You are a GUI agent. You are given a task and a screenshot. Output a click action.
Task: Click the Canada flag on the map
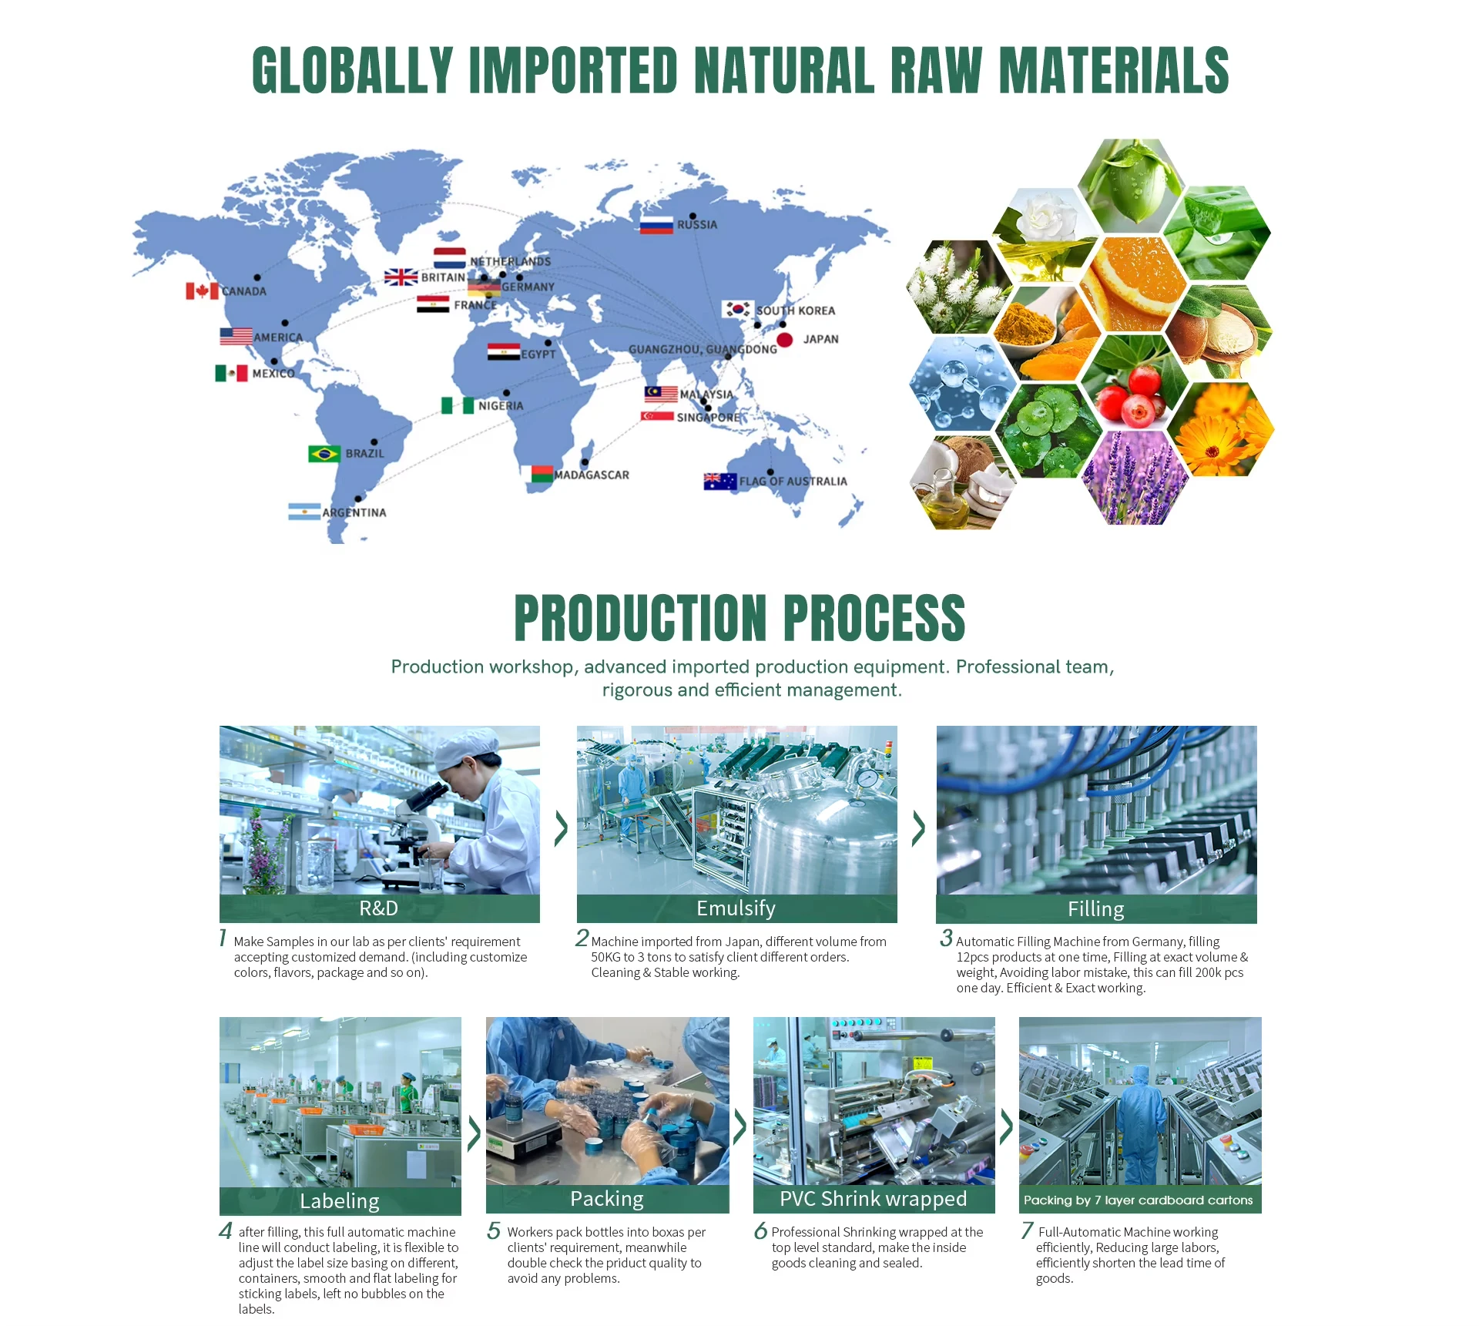point(202,290)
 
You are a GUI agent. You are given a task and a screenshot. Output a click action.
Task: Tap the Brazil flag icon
point(324,454)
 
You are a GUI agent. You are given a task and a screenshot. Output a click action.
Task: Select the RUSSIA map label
point(697,225)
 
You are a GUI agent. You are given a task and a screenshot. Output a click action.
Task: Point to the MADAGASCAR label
point(592,475)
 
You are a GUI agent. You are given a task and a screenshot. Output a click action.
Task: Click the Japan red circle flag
point(785,340)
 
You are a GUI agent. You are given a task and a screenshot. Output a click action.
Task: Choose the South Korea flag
point(738,309)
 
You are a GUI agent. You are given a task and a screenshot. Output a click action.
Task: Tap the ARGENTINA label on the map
point(354,512)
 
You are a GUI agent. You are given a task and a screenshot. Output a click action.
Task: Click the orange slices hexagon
point(1133,284)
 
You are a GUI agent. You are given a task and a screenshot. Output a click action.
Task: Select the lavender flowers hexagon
point(1135,478)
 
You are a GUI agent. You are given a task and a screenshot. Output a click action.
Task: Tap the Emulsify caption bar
point(736,908)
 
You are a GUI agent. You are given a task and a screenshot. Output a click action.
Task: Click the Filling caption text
point(1096,909)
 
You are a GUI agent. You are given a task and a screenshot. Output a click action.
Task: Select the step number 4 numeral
point(225,1230)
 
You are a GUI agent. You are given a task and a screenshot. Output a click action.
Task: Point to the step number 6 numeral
point(760,1230)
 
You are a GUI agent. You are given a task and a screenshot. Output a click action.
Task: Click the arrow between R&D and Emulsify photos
point(561,828)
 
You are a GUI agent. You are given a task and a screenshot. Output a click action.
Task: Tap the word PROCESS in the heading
point(874,618)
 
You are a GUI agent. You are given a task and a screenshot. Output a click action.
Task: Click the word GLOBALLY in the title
point(353,70)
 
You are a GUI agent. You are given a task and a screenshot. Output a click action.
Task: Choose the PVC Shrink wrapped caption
point(874,1199)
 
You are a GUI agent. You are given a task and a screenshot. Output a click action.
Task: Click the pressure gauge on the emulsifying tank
point(867,778)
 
